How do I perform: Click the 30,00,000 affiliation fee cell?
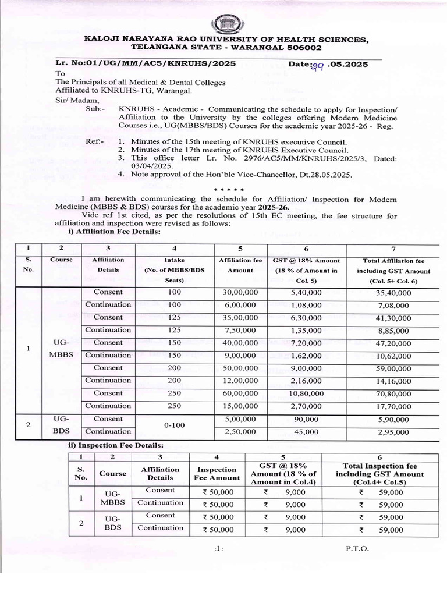coord(240,292)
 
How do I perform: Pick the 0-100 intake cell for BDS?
coord(175,425)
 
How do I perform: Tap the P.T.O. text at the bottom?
coord(356,548)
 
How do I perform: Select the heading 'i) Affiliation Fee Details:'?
coord(115,232)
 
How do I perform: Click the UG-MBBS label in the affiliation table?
coord(61,349)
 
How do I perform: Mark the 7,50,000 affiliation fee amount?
coord(240,331)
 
